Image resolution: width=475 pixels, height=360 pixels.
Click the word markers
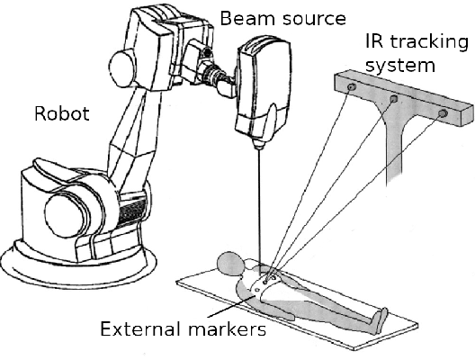[x=229, y=328]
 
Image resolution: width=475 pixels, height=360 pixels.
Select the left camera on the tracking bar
[x=352, y=85]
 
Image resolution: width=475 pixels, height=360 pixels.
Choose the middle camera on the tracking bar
[x=393, y=99]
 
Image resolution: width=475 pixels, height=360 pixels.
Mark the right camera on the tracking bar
[x=442, y=113]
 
